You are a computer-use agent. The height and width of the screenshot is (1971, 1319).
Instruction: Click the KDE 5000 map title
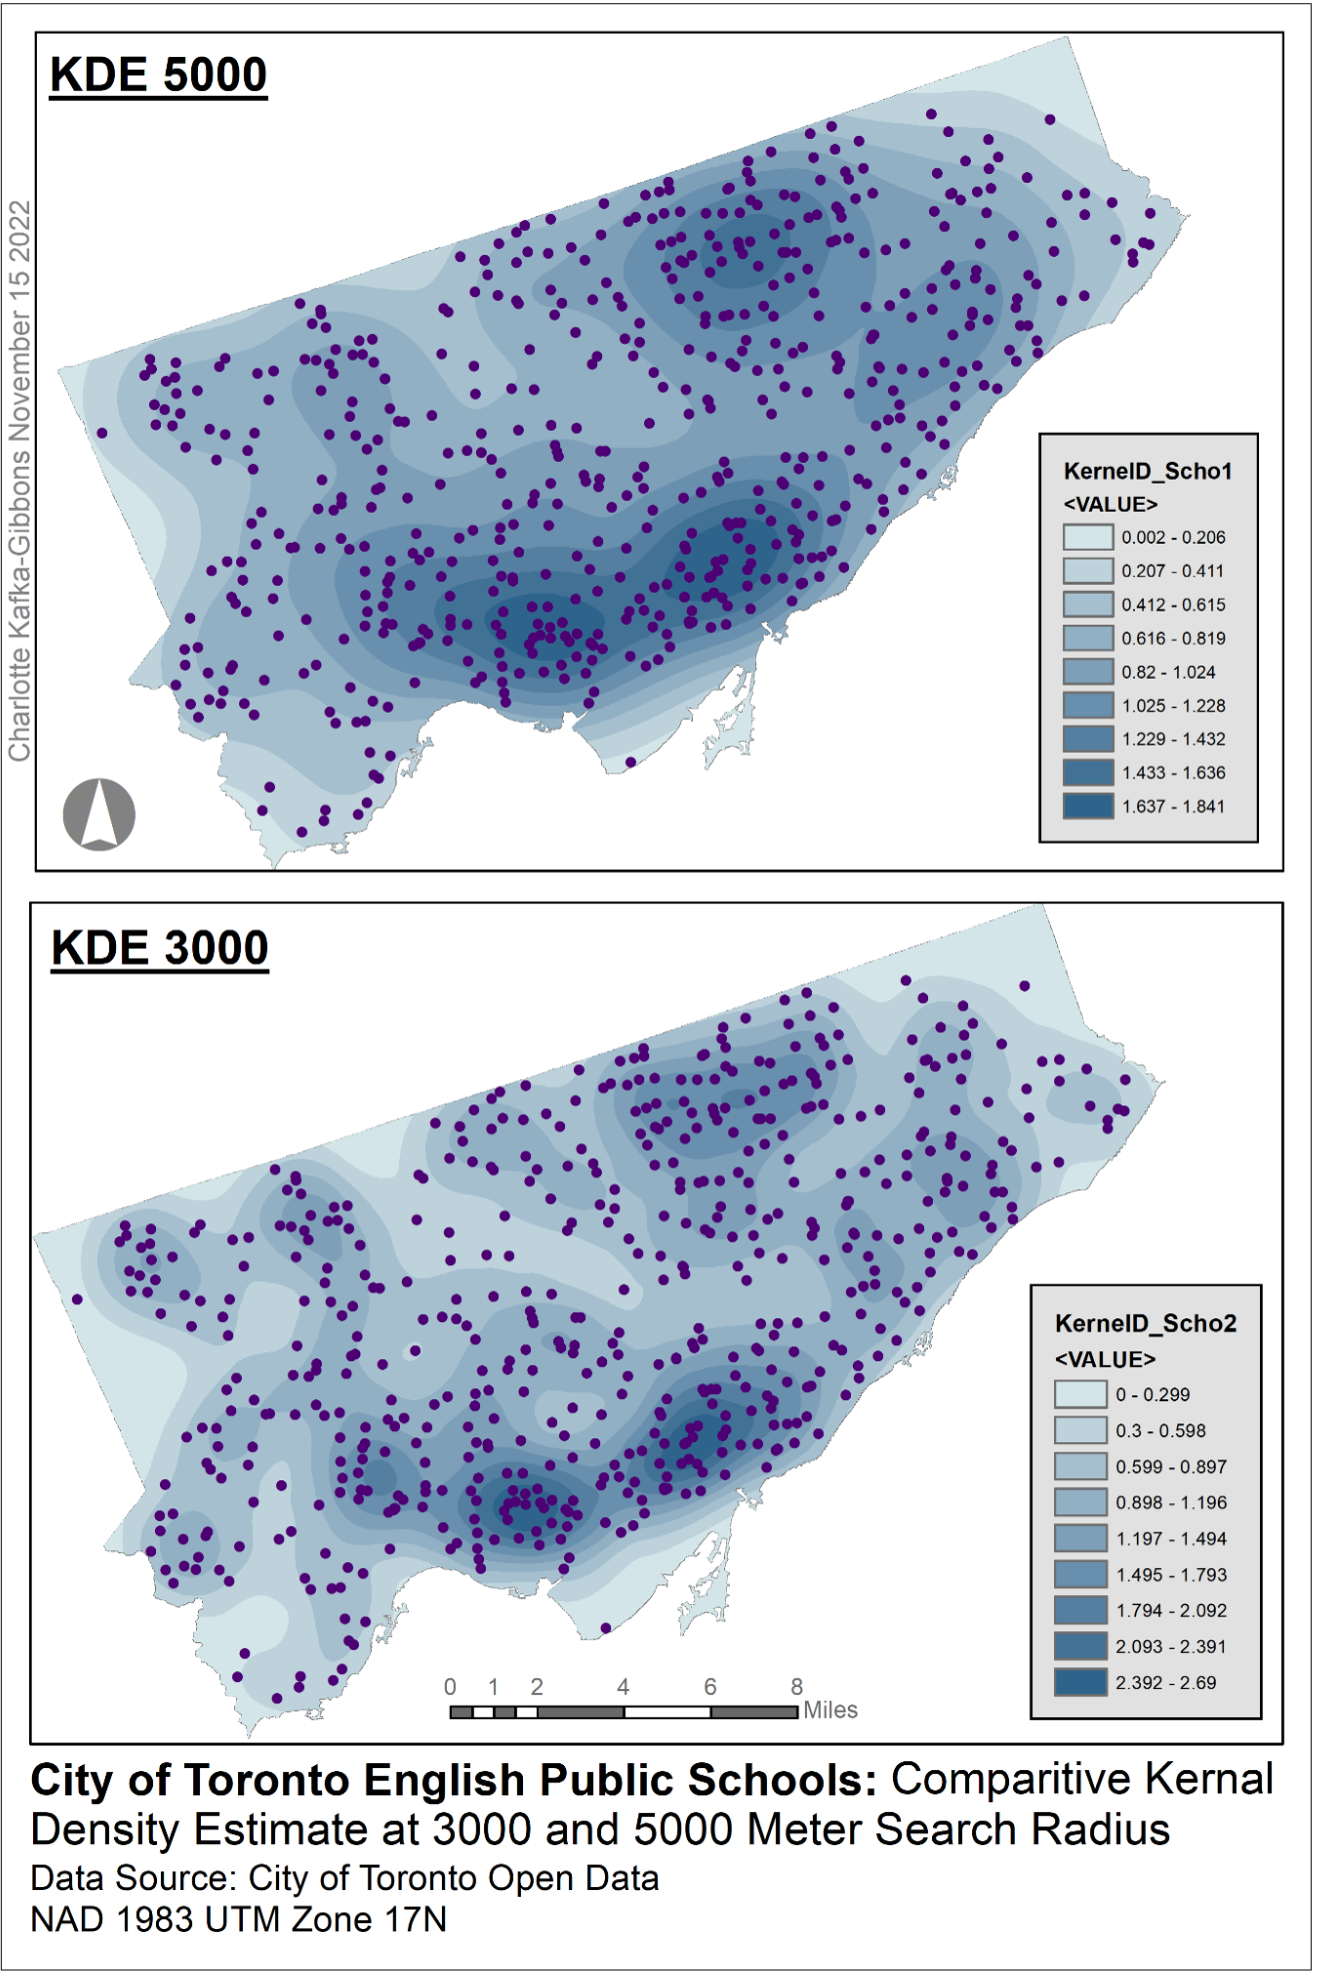tap(158, 75)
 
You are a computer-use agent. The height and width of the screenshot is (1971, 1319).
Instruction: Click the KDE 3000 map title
tap(160, 948)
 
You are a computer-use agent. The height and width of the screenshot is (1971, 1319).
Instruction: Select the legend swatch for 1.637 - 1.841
tap(1088, 806)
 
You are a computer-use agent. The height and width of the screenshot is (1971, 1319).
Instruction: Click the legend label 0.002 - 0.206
tap(1173, 538)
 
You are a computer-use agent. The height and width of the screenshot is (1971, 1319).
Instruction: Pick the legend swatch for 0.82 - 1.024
tap(1088, 672)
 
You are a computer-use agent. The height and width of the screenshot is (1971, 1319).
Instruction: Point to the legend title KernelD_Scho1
tap(1147, 471)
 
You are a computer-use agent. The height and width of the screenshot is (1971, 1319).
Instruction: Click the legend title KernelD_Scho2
tap(1145, 1323)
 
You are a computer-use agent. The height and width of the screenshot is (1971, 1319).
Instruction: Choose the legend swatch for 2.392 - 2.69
tap(1081, 1682)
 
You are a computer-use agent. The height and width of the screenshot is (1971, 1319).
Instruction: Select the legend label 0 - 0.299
tap(1153, 1394)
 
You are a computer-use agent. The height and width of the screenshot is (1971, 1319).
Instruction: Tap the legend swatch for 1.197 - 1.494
tap(1081, 1538)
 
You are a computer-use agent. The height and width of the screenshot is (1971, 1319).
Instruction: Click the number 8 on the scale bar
tap(797, 1687)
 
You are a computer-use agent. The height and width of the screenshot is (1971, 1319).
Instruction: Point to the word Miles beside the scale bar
tap(830, 1710)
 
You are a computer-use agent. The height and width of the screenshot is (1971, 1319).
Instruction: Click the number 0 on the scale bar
tap(450, 1687)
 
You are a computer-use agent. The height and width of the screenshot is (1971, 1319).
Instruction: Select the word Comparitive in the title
tap(1011, 1780)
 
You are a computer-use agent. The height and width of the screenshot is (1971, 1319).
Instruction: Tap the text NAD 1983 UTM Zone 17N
tap(239, 1920)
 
